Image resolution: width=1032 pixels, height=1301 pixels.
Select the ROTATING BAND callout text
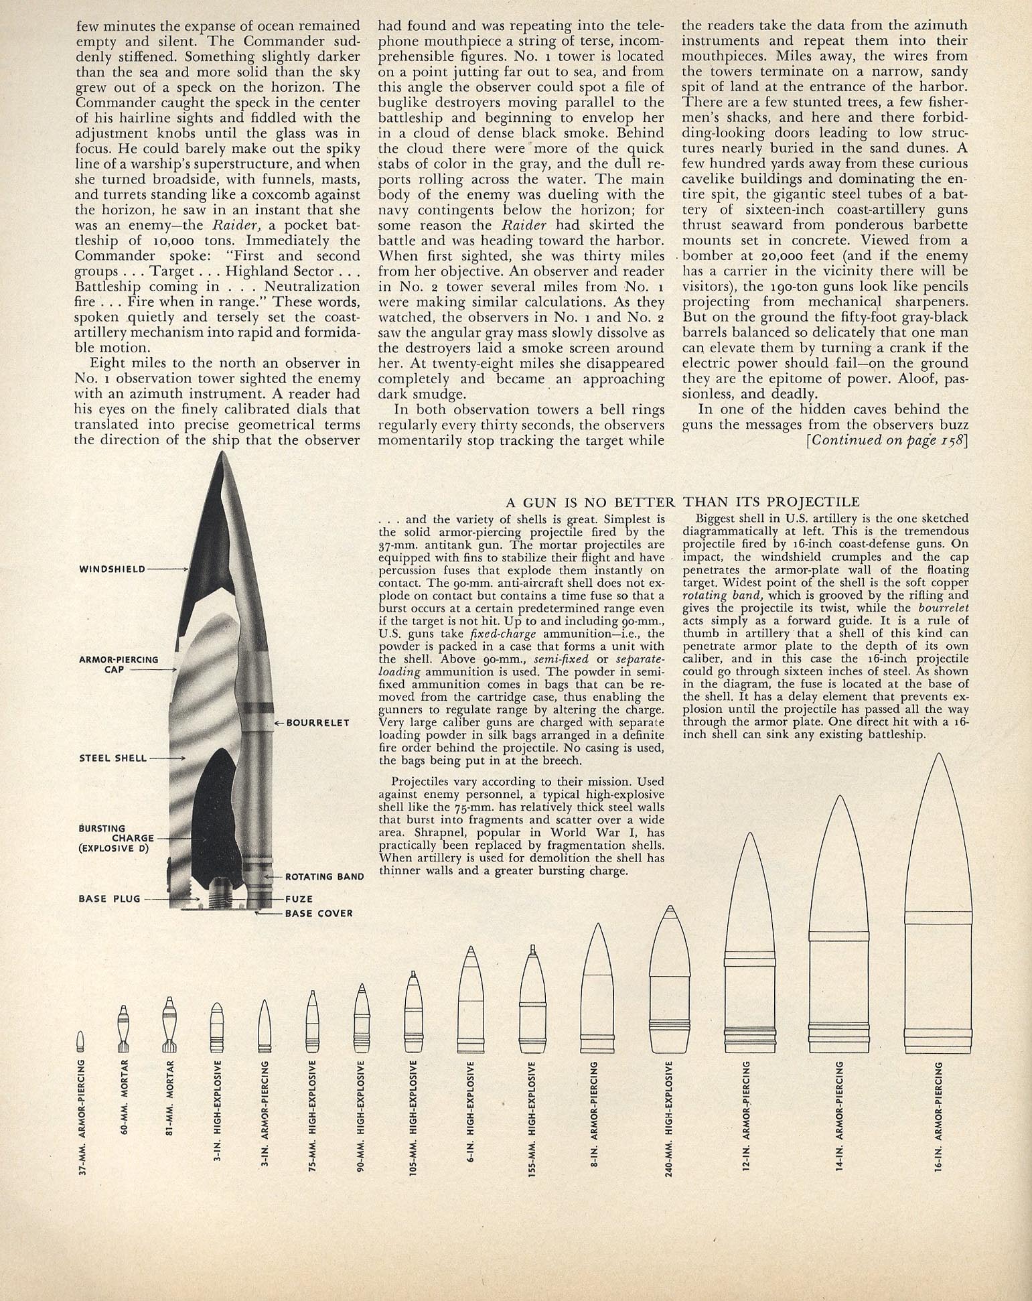coord(324,876)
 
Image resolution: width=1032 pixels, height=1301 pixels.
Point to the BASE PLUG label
coord(109,898)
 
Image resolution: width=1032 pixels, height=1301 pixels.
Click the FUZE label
coord(299,899)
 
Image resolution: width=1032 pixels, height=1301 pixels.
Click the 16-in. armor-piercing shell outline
coord(938,904)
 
